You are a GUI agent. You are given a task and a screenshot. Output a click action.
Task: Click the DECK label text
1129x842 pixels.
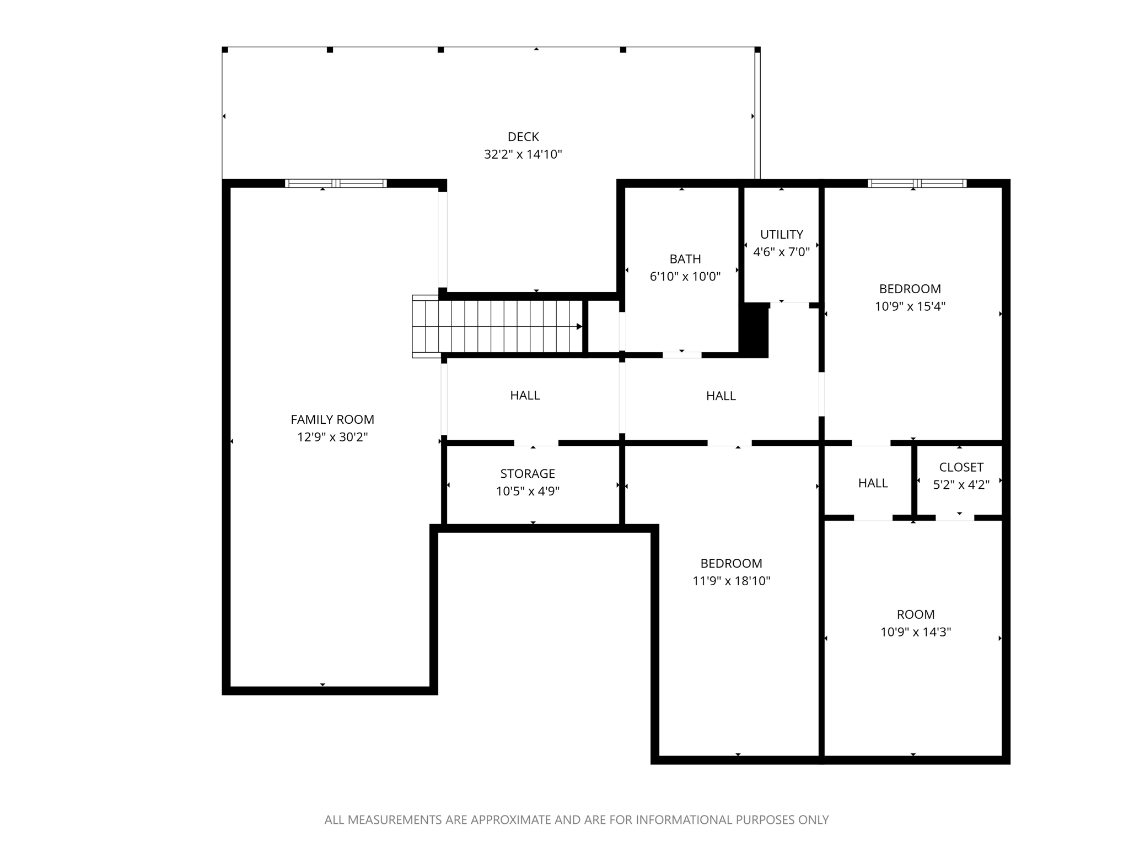[x=523, y=137]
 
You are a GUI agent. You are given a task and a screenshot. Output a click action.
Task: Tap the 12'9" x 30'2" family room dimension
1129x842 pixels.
[x=332, y=437]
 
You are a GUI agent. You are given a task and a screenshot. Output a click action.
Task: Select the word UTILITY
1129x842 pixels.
[x=781, y=234]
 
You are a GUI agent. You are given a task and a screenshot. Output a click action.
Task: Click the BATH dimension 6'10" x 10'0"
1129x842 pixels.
[x=685, y=277]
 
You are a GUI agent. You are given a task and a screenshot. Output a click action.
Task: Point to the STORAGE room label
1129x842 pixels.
[x=527, y=473]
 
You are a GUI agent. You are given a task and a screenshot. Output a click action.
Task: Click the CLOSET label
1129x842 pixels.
[x=961, y=467]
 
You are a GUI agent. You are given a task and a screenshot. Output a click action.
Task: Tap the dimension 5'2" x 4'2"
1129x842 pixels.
[x=961, y=485]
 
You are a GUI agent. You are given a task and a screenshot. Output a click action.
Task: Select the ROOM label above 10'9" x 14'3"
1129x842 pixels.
[x=915, y=614]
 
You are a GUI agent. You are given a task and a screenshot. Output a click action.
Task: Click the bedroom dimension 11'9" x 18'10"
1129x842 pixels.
[x=731, y=581]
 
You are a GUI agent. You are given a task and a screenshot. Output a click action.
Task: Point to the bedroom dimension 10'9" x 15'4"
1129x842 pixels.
[x=910, y=306]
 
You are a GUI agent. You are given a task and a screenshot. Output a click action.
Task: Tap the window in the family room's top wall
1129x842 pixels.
[x=336, y=183]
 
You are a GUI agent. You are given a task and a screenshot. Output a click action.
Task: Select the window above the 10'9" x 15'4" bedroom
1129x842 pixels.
[x=917, y=183]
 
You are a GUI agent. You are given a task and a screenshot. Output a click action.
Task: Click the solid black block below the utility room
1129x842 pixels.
[x=755, y=331]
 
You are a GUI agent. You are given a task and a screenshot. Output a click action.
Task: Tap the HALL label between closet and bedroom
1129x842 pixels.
[x=873, y=483]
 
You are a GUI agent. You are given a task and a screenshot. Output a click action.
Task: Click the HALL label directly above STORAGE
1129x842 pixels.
[x=524, y=395]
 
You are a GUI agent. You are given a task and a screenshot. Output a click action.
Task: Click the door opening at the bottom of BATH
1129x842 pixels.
[x=682, y=355]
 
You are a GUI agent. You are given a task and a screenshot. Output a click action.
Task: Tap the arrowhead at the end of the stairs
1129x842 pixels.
[x=579, y=327]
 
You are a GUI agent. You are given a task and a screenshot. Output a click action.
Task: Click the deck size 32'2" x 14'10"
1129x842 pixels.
[x=523, y=154]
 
